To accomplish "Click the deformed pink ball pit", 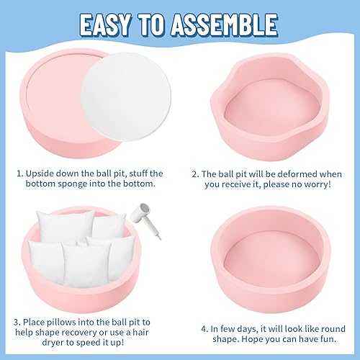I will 266,101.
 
